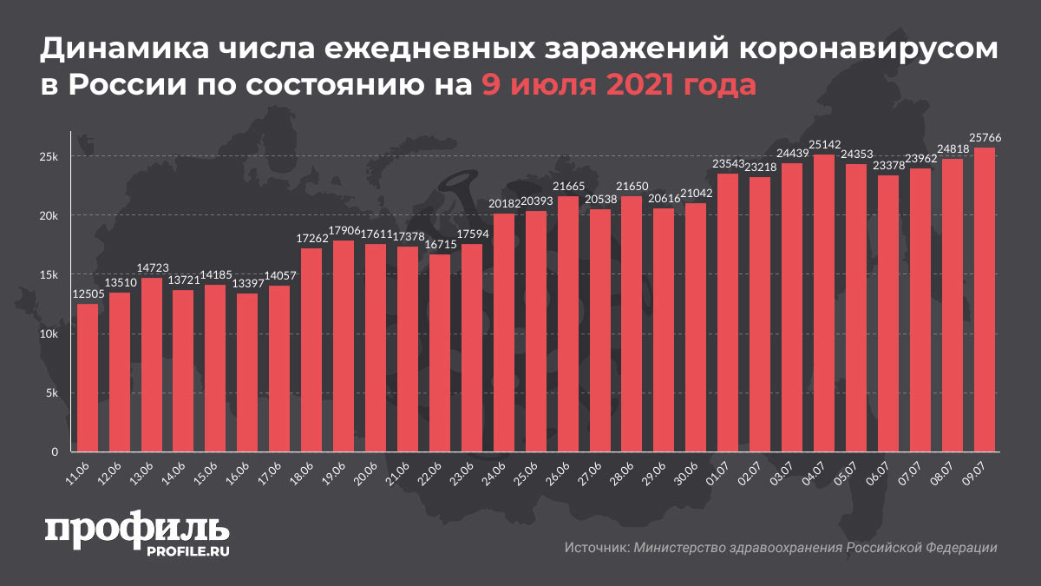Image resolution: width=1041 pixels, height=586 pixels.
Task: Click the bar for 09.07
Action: pos(985,300)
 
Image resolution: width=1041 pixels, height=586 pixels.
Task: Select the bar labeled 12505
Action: pos(88,378)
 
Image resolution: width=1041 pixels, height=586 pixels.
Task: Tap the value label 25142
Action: pos(824,143)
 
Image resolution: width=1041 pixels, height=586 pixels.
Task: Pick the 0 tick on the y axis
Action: pos(54,452)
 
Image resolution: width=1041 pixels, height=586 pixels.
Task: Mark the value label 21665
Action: pos(568,187)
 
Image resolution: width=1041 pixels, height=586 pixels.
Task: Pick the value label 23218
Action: pos(760,167)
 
